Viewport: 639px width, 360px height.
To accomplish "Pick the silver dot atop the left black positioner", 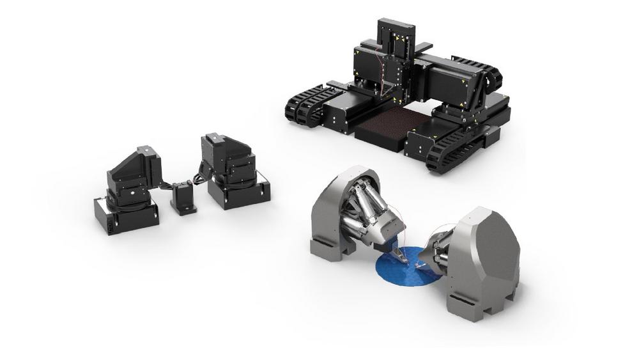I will coord(147,149).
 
